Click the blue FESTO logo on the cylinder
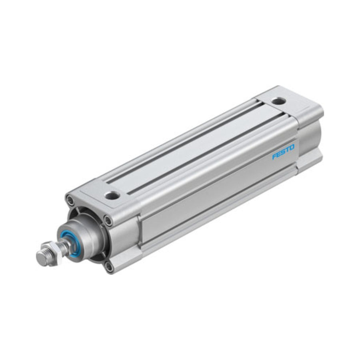(283, 152)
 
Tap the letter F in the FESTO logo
(274, 156)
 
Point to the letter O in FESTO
(292, 147)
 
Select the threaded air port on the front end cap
(112, 196)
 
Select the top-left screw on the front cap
(70, 200)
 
